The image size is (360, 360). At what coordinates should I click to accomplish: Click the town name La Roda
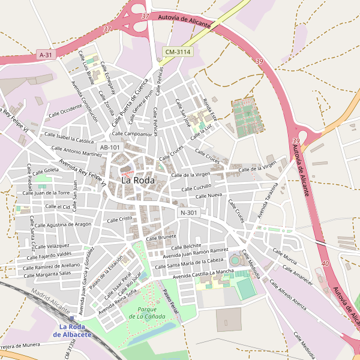[x=138, y=180]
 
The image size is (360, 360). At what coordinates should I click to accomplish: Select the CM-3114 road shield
[x=178, y=52]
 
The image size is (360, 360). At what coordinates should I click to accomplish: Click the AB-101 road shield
[x=110, y=147]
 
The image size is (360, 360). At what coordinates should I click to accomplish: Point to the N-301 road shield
[x=188, y=212]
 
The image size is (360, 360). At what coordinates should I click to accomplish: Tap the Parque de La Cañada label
[x=143, y=312]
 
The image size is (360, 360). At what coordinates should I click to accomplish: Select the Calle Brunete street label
[x=159, y=238]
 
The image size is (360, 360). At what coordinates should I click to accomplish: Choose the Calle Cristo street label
[x=119, y=220]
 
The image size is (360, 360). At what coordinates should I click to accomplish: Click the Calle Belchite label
[x=186, y=247]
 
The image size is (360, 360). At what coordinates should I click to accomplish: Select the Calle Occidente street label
[x=64, y=109]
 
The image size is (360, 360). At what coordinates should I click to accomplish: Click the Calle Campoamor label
[x=132, y=134]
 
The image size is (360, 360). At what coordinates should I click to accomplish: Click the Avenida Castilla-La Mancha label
[x=203, y=274]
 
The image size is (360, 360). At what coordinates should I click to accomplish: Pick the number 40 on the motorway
[x=325, y=263]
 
